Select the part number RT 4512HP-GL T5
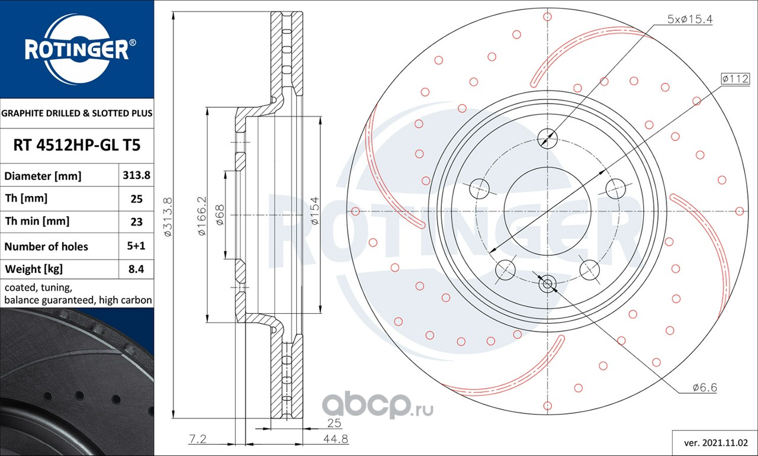[x=77, y=145]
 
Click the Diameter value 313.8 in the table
[x=136, y=175]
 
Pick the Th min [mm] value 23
[x=136, y=222]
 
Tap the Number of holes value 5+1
[x=136, y=246]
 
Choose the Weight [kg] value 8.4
[x=136, y=269]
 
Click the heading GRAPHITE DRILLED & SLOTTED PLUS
[x=77, y=113]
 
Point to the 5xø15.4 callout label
[x=690, y=20]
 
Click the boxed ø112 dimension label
[x=735, y=79]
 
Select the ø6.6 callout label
[x=705, y=387]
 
